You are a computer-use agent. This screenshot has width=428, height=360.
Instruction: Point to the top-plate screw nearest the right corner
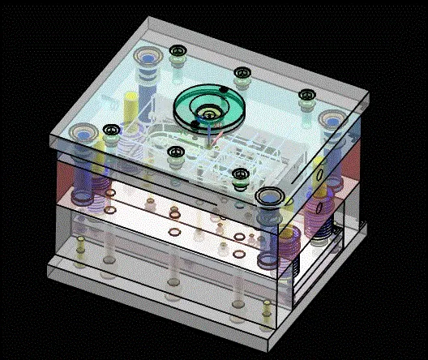pos(307,96)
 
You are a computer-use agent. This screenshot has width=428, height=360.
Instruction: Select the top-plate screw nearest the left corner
pos(110,129)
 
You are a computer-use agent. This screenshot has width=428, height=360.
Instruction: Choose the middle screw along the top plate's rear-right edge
pos(241,74)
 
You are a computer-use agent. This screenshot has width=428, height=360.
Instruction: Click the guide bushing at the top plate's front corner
pos(270,197)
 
